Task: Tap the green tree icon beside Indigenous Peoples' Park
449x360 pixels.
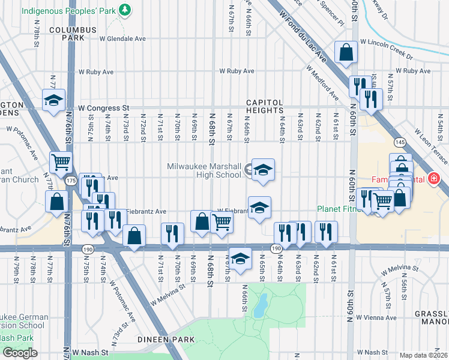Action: click(x=124, y=10)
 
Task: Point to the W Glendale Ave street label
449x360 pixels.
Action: click(x=122, y=38)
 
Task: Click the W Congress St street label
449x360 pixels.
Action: click(x=103, y=108)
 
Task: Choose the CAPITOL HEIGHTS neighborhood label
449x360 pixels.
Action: click(x=273, y=107)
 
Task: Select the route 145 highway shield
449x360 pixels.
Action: click(x=400, y=142)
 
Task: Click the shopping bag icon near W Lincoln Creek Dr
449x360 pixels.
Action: click(x=346, y=53)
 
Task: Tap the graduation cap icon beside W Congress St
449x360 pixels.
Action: click(x=54, y=100)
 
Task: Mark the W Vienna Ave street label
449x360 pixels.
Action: click(x=376, y=317)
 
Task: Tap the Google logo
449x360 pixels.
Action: click(x=20, y=352)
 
